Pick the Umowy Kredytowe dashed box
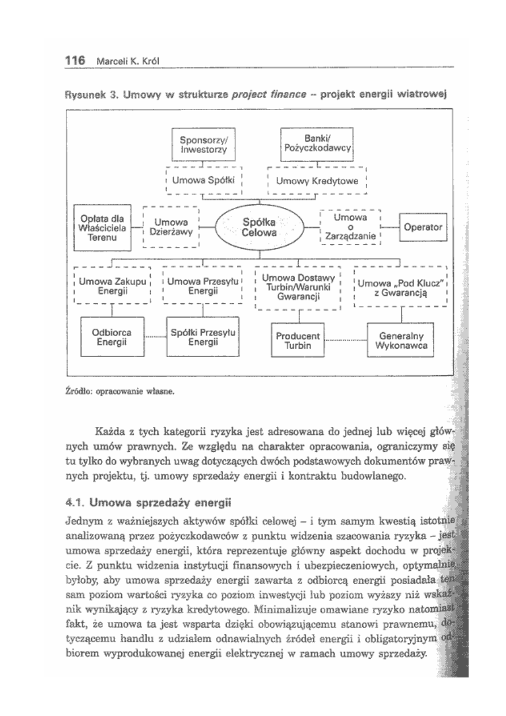coord(317,181)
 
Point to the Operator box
coord(423,226)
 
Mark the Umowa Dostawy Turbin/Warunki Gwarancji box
coord(298,287)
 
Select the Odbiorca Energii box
coord(112,336)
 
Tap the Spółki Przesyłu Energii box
coord(203,336)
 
